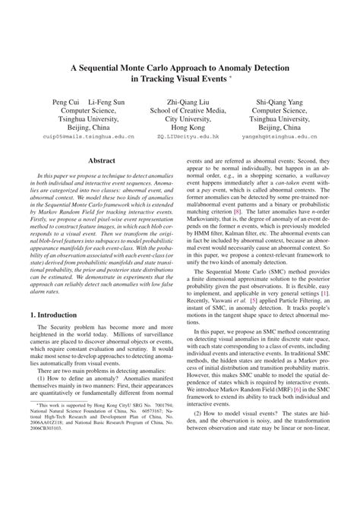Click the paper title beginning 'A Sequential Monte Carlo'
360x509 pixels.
pos(179,67)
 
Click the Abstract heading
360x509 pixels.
pos(103,161)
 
